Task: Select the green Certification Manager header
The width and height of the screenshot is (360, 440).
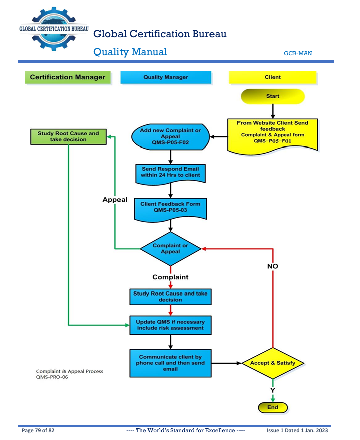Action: tap(67, 77)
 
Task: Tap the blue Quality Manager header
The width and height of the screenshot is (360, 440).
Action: tap(166, 77)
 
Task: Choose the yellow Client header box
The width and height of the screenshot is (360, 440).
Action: tap(273, 77)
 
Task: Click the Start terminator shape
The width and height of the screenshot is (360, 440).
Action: tap(273, 96)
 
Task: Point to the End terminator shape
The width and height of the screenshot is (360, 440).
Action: tap(273, 407)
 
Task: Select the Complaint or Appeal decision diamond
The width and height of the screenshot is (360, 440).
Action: tap(170, 249)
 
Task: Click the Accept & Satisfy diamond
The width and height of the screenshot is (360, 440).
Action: tap(273, 363)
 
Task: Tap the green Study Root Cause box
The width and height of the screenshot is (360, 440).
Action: tap(68, 137)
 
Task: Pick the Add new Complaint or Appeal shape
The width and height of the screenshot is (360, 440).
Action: tap(170, 137)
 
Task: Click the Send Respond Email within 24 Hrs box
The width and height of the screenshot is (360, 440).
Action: tap(170, 172)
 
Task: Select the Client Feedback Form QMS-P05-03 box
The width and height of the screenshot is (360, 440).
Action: tap(170, 208)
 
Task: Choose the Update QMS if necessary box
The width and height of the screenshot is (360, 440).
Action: tap(170, 325)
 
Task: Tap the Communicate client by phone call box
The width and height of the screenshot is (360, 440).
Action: tap(170, 363)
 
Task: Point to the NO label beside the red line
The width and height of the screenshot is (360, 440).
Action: tap(273, 266)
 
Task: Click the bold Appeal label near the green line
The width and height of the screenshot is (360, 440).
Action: tap(115, 199)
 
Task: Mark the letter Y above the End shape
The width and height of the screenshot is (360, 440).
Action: tap(273, 390)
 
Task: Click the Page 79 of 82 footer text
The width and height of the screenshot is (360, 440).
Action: tap(37, 431)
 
